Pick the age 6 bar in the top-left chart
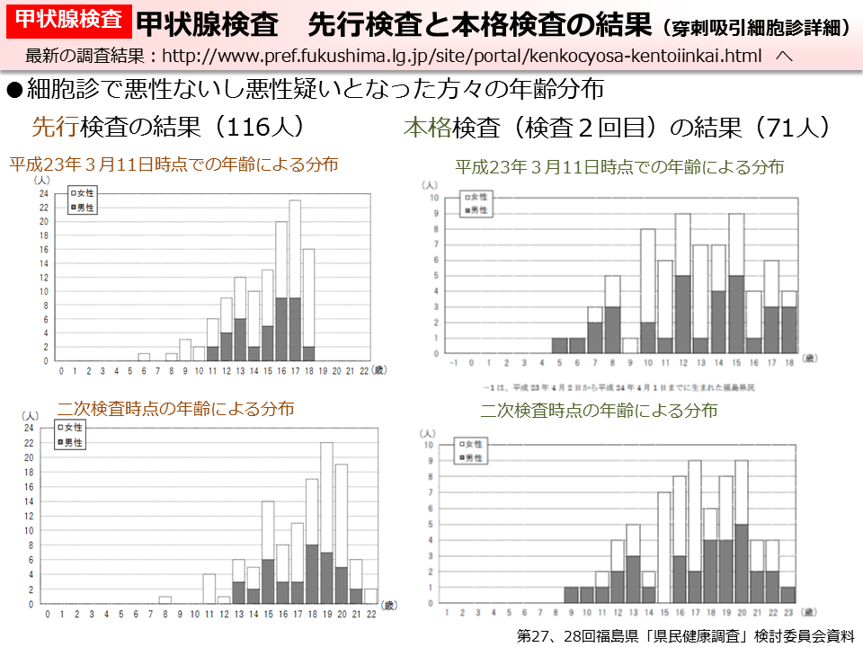144,357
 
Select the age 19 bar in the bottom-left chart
326,522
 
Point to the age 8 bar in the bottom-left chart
165,599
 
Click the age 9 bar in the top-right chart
630,345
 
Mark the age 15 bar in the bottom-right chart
664,547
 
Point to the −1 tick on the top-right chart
455,363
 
